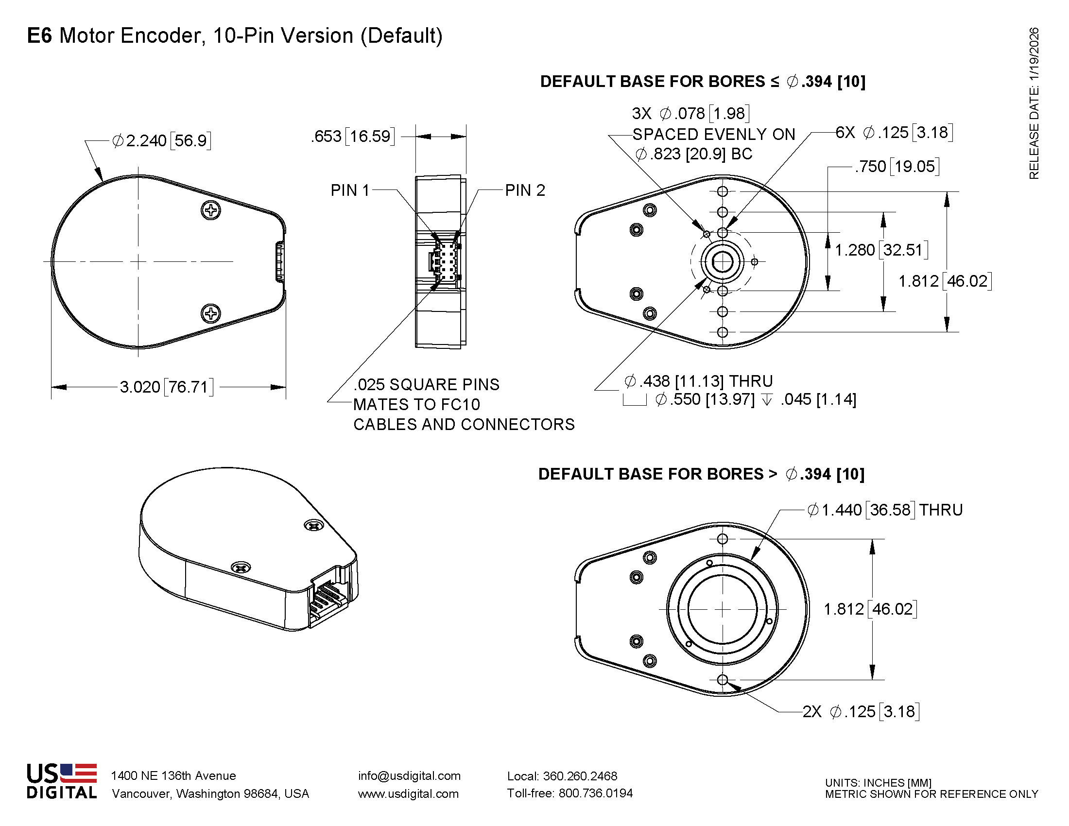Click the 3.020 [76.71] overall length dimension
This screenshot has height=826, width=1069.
tap(166, 387)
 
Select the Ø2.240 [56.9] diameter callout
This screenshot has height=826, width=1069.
tap(161, 141)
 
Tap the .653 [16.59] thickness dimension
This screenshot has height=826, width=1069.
tap(352, 136)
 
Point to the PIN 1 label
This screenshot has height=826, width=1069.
tap(349, 190)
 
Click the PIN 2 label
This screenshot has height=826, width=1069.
tap(525, 190)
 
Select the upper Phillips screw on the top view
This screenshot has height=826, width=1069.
tap(211, 210)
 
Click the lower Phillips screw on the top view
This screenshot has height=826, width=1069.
tap(211, 313)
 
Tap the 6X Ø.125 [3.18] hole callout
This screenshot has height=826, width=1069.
tap(894, 132)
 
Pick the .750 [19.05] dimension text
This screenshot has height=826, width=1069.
tap(897, 166)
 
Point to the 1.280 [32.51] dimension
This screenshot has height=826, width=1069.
tap(881, 250)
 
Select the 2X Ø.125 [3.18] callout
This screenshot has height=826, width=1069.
tap(861, 711)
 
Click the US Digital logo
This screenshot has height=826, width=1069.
tap(62, 781)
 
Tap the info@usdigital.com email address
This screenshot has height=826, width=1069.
tap(409, 775)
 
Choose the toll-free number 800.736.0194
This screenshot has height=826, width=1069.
tap(595, 793)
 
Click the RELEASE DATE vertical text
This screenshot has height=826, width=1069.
tap(1033, 103)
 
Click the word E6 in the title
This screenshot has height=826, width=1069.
tap(39, 36)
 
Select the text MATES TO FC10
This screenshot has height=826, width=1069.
tap(416, 404)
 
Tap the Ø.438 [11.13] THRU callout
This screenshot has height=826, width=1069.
tap(698, 381)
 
